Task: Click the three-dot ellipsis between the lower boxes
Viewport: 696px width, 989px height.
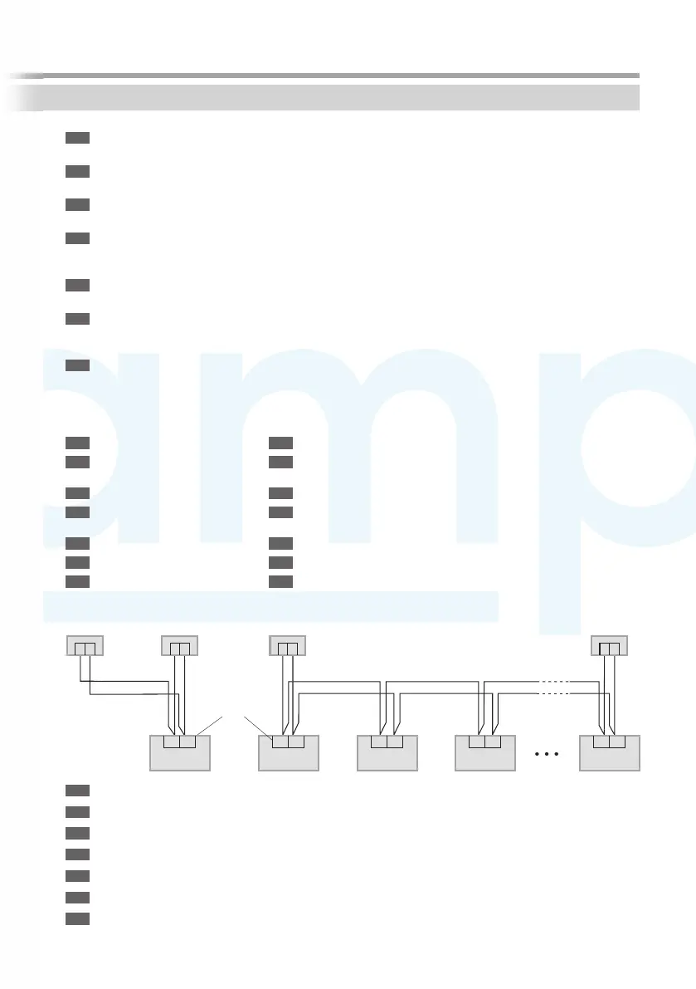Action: point(548,755)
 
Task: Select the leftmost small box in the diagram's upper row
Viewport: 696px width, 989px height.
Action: point(84,645)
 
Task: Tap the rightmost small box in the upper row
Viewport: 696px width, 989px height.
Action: point(609,645)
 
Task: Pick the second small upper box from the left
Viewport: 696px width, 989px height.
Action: point(180,645)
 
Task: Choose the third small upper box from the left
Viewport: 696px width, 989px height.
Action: point(289,645)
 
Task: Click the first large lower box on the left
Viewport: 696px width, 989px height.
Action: point(180,753)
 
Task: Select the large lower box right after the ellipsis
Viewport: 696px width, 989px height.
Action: point(610,753)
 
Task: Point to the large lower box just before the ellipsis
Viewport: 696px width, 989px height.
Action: point(485,753)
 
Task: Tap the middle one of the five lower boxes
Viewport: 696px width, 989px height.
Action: point(387,753)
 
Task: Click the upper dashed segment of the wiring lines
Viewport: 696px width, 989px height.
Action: point(552,681)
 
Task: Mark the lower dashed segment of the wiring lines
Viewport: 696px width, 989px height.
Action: point(552,692)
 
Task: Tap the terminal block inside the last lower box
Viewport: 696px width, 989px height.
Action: point(610,742)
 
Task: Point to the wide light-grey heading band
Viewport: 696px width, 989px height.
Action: point(340,97)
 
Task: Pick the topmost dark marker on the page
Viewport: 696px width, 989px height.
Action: point(77,137)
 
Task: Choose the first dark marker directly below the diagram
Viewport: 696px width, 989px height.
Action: point(77,789)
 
